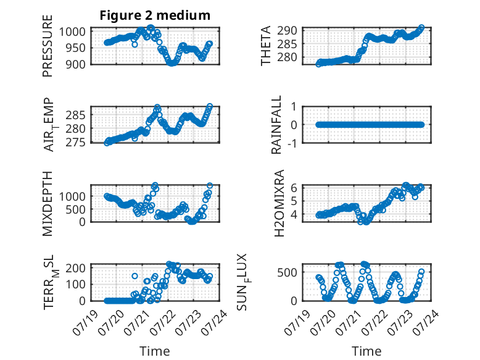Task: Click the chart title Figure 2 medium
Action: point(155,15)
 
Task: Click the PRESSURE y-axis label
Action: point(48,46)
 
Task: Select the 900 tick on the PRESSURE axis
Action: point(76,64)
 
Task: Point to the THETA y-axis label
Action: point(266,46)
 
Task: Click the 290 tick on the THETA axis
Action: point(287,31)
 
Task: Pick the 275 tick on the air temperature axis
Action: point(76,143)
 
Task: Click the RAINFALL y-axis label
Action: point(276,125)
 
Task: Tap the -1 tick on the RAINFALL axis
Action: point(292,143)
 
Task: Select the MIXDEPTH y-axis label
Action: point(48,203)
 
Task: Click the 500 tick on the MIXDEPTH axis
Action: point(76,209)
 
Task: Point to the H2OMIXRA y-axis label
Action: point(279,203)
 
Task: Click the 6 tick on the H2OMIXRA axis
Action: point(294,188)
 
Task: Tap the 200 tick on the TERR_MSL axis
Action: point(76,268)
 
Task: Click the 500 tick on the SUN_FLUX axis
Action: point(287,272)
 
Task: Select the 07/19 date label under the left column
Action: point(85,322)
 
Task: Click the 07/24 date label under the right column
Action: point(427,322)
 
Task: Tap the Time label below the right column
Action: point(366,351)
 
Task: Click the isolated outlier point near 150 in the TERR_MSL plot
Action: point(134,276)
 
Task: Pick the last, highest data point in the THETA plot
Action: point(421,27)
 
